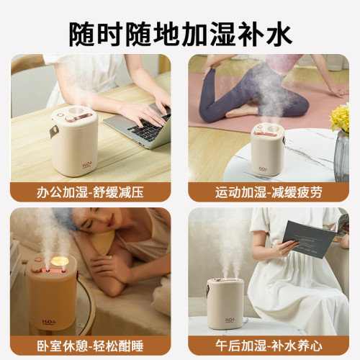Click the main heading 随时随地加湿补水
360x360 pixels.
pyautogui.click(x=180, y=32)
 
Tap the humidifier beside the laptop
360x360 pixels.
pyautogui.click(x=73, y=141)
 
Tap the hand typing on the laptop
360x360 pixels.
pyautogui.click(x=144, y=112)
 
